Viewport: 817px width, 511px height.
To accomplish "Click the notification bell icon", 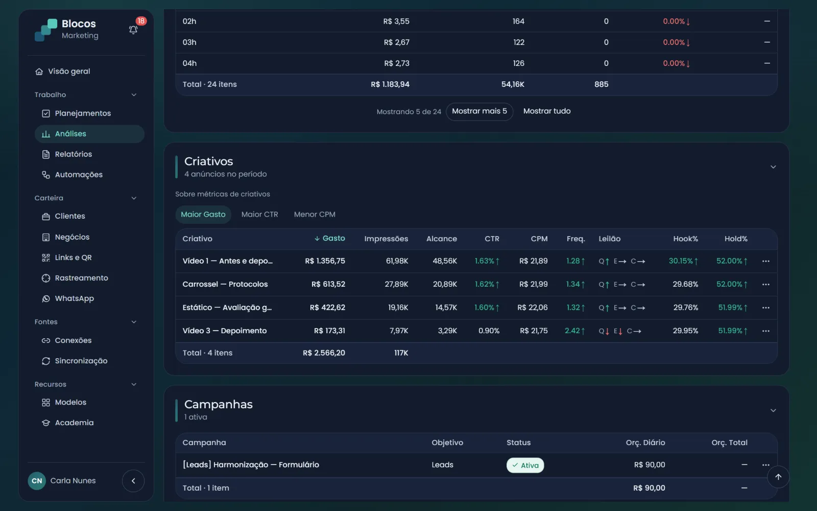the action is click(133, 30).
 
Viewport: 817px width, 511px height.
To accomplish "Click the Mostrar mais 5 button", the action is click(479, 111).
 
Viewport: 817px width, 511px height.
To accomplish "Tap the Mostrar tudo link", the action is click(547, 111).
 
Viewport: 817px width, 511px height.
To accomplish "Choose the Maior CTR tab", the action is click(260, 215).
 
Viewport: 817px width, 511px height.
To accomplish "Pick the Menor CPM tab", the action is click(315, 215).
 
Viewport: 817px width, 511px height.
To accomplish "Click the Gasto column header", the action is click(329, 238).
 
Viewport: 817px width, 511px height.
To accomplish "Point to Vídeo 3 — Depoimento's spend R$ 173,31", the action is click(329, 331).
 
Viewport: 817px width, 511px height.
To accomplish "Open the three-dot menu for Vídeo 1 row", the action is click(765, 261).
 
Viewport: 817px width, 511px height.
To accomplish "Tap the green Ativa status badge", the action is click(525, 466).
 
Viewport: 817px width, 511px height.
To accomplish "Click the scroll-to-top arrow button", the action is click(778, 477).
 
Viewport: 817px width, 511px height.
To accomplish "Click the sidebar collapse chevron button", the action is click(133, 481).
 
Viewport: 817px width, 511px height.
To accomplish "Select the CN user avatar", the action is click(37, 481).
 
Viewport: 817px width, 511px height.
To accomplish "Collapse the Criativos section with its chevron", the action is click(773, 167).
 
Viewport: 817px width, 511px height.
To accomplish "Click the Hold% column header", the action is click(736, 239).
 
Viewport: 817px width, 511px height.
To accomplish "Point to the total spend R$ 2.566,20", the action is click(324, 353).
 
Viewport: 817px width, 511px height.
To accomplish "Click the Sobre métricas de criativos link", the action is click(223, 194).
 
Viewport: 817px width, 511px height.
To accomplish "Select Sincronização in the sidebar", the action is click(75, 361).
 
